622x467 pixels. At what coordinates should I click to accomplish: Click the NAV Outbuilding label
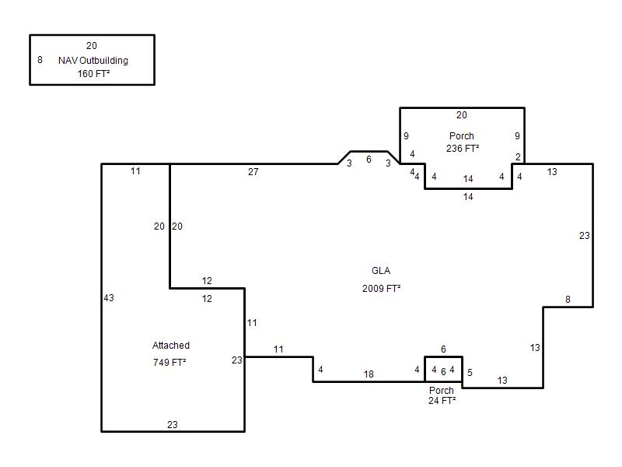pos(93,61)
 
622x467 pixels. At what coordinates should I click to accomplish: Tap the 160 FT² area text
pos(93,73)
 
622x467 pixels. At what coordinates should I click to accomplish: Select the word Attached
pos(171,345)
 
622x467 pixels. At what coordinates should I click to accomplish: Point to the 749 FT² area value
pos(169,362)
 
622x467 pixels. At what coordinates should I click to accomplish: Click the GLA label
pos(381,270)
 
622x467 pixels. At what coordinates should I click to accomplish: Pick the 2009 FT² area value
pos(381,288)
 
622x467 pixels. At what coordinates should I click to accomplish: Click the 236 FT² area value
pos(463,148)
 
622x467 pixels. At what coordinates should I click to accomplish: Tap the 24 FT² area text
pos(442,401)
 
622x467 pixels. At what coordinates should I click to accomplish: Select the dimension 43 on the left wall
pos(109,297)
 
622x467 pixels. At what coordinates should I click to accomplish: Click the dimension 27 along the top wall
pos(253,171)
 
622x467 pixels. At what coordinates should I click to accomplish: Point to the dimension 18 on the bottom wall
pos(369,374)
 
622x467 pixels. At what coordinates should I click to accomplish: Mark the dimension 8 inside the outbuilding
pos(40,60)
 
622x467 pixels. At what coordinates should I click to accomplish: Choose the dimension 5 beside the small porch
pos(470,373)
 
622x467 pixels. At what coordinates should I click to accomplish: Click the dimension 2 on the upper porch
pos(518,157)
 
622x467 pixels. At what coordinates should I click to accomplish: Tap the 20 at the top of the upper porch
pos(461,114)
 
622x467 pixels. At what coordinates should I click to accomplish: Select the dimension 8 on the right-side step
pos(568,300)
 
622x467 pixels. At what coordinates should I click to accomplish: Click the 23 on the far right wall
pos(585,236)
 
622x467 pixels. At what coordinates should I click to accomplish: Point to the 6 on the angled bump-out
pos(369,160)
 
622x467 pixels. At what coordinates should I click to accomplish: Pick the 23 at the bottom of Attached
pos(172,424)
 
